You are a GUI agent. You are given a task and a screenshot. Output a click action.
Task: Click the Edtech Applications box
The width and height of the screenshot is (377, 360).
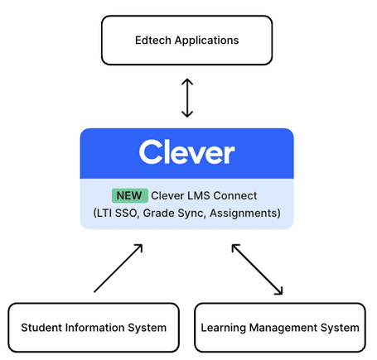[186, 40]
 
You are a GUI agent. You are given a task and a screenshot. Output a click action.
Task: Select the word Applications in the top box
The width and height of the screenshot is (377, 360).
[207, 40]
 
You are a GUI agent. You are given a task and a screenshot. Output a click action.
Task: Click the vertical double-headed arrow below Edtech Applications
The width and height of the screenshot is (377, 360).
[187, 97]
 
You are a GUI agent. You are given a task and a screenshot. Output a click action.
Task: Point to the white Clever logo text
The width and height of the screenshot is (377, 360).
[186, 153]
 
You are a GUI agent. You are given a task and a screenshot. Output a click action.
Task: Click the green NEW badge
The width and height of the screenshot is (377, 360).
[129, 196]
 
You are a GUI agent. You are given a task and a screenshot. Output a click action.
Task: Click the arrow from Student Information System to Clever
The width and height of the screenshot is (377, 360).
[118, 268]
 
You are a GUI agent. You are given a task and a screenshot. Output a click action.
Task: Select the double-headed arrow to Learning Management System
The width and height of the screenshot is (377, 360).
[257, 269]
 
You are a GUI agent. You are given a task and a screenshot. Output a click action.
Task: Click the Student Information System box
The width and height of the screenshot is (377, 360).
[94, 328]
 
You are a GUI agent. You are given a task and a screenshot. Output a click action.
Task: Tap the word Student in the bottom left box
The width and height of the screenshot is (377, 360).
[41, 328]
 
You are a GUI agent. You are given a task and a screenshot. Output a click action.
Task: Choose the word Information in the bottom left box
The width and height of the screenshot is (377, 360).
[98, 328]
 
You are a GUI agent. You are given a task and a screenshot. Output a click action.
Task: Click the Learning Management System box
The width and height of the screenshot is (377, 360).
[280, 328]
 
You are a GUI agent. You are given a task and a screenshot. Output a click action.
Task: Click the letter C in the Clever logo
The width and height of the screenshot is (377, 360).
[150, 153]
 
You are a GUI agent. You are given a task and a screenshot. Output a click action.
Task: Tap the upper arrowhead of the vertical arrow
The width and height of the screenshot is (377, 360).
[187, 81]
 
